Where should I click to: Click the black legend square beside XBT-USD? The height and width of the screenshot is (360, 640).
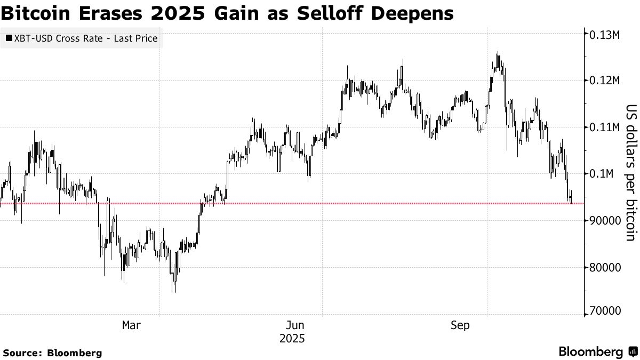(x=9, y=38)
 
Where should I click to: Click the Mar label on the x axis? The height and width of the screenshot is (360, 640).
(x=131, y=325)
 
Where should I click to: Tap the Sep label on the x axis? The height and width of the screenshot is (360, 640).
(x=460, y=325)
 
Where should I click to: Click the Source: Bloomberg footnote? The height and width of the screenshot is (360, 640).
(x=52, y=353)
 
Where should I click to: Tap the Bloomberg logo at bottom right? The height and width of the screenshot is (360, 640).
(x=597, y=351)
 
